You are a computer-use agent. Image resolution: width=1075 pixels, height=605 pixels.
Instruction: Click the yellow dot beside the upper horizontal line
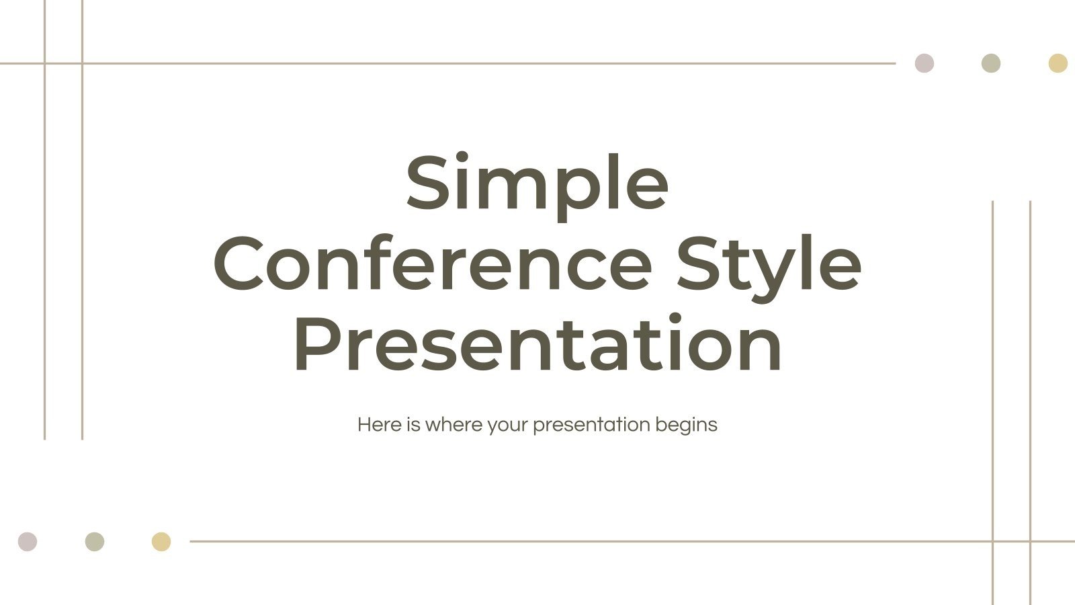(x=1058, y=64)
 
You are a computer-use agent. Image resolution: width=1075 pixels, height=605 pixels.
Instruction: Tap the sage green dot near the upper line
(x=991, y=64)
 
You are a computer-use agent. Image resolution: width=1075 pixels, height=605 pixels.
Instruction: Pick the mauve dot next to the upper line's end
(x=924, y=64)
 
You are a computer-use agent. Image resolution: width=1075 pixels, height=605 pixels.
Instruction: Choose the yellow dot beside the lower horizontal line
(x=161, y=542)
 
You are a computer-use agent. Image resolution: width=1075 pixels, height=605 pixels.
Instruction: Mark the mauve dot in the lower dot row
(x=28, y=542)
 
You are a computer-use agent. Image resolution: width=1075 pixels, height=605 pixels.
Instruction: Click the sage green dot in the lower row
(x=95, y=542)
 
